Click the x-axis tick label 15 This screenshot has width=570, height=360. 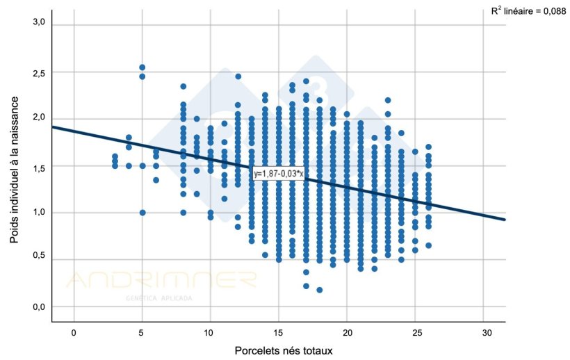point(279,333)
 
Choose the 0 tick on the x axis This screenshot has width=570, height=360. point(74,333)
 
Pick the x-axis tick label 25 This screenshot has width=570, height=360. point(416,333)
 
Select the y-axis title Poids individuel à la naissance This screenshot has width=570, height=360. point(15,169)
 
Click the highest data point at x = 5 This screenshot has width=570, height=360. point(142,67)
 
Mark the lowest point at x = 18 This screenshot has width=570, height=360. point(320,290)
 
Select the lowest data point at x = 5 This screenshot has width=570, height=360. point(142,213)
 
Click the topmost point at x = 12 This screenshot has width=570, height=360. point(238,76)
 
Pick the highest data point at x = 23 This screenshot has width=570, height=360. point(388,100)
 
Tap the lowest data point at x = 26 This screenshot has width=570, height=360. point(429,245)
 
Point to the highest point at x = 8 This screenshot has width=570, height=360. point(184,87)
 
